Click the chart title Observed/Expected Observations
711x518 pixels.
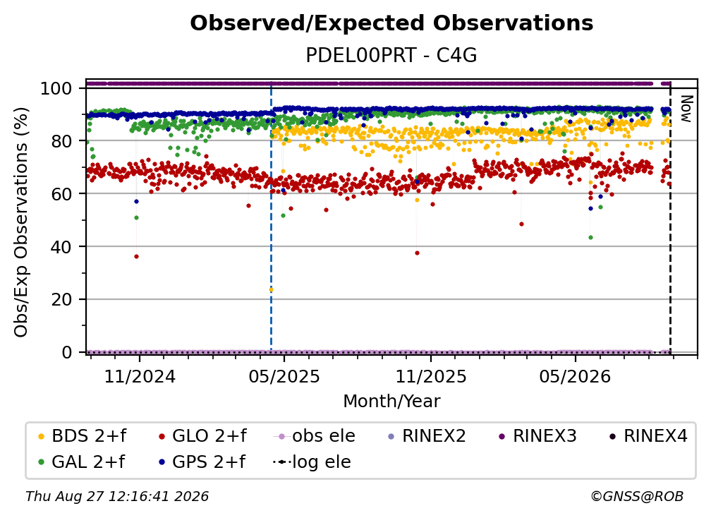[x=391, y=23]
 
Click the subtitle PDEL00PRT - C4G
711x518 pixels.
[x=391, y=55]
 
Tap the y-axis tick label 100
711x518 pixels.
[x=56, y=88]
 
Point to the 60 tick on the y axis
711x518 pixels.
[x=61, y=193]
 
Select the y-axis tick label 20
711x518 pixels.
[x=61, y=299]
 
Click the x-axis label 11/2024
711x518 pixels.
[x=140, y=376]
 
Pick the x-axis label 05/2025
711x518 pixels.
[x=284, y=376]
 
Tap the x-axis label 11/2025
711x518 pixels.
[x=431, y=376]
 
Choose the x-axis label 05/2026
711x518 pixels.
[x=576, y=376]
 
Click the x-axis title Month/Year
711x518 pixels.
[x=391, y=402]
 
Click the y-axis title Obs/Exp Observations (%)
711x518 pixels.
[x=21, y=222]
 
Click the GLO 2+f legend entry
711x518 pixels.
[x=203, y=436]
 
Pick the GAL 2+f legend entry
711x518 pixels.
[x=82, y=462]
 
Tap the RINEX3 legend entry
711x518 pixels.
[x=537, y=436]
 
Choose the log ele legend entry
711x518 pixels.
[x=312, y=462]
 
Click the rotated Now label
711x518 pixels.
[x=686, y=109]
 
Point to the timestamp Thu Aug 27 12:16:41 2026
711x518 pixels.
[x=117, y=496]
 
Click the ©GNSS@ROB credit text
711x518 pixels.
[x=637, y=496]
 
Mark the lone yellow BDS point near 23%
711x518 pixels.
[x=271, y=289]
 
